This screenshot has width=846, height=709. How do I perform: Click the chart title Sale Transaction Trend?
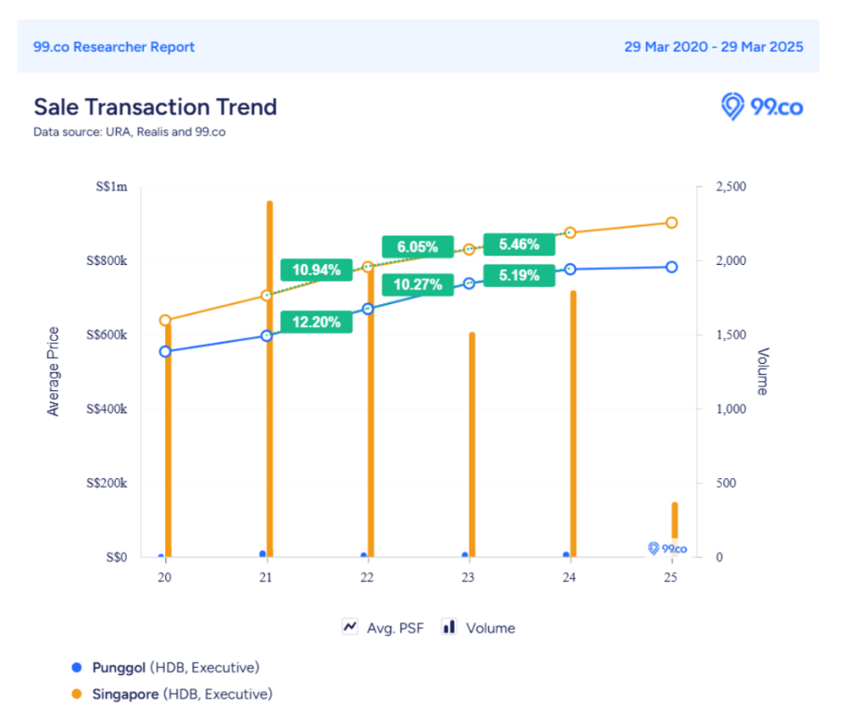click(x=155, y=107)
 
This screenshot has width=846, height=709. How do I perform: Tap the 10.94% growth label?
click(x=316, y=270)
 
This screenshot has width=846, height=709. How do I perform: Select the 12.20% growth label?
click(x=316, y=322)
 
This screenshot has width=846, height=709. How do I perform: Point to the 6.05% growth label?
click(x=417, y=247)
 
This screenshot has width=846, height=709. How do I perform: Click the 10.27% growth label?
click(x=417, y=285)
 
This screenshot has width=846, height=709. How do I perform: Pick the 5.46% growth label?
click(x=519, y=245)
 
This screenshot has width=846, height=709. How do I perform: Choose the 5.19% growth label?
click(x=519, y=276)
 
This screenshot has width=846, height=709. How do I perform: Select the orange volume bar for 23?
click(x=472, y=443)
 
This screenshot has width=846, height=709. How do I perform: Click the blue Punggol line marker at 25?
click(x=671, y=267)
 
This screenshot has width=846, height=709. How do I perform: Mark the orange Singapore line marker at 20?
click(x=165, y=320)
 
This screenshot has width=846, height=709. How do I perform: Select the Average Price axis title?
click(x=54, y=372)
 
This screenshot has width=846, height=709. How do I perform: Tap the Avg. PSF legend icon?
click(x=349, y=627)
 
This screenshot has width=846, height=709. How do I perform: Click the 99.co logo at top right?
click(x=762, y=107)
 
